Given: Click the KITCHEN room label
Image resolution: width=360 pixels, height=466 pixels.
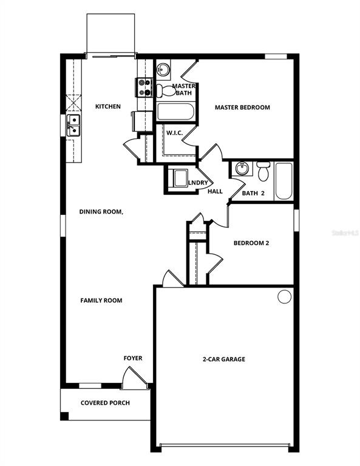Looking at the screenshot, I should [x=108, y=107].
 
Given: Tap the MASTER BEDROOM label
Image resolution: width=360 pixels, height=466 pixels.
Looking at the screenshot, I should [x=242, y=107].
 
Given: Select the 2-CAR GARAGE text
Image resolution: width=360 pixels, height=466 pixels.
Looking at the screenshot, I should [x=224, y=359].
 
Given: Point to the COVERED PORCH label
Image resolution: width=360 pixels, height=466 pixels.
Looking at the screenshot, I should [x=105, y=403].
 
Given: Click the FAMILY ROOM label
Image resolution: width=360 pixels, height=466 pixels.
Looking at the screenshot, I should [x=101, y=300].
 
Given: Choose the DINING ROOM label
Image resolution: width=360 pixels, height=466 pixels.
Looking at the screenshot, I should [x=101, y=212].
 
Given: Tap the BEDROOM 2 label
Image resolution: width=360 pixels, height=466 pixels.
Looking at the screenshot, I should [x=251, y=243].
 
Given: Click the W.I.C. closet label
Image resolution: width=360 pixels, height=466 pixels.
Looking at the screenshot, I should [x=175, y=132].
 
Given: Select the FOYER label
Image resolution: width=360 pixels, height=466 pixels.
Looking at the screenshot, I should [x=133, y=358].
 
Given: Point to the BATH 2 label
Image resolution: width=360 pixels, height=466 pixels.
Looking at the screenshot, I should [x=254, y=193].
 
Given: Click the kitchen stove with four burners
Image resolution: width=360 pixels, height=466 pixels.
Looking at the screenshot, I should [x=144, y=88].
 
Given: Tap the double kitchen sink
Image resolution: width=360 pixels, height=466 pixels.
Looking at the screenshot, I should [x=73, y=125].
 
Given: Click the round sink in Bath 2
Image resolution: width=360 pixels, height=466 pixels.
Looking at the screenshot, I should [x=242, y=168].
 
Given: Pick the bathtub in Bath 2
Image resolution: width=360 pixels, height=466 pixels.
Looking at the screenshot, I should [x=284, y=180].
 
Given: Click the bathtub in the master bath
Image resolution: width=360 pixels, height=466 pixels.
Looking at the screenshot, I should [x=175, y=112].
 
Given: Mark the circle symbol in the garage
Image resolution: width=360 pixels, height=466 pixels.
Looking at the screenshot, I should [x=284, y=297].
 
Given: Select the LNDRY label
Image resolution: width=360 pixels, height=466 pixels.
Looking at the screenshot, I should [x=198, y=183].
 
